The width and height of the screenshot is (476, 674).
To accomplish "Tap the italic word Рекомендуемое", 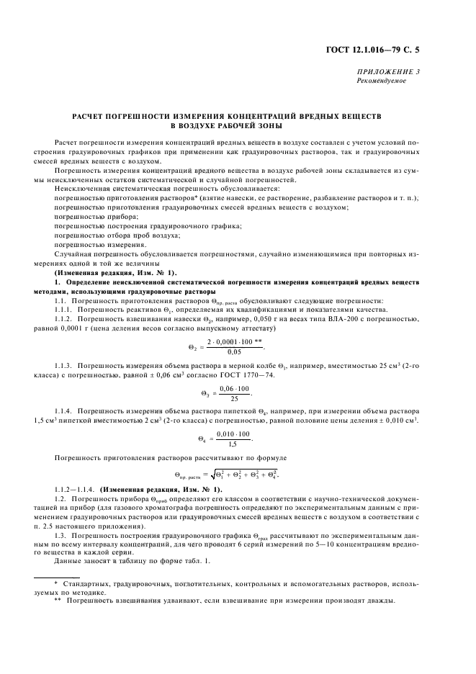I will pyautogui.click(x=382, y=81).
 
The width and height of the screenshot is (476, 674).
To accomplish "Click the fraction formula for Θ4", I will pyautogui.click(x=229, y=439).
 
